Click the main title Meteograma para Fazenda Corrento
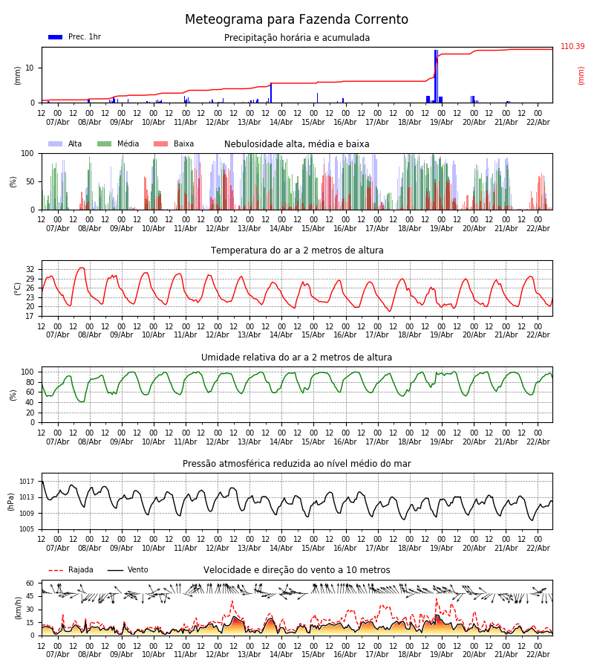pos(296,20)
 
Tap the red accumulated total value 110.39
pos(572,47)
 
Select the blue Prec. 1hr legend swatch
pos(55,37)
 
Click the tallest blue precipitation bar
pos(436,74)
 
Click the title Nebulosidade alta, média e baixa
pos(296,144)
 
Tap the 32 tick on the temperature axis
pos(30,270)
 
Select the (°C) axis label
pos(18,288)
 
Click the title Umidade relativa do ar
pos(296,358)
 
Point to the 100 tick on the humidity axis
pos(27,372)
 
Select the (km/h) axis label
pos(18,608)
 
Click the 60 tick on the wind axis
pos(30,584)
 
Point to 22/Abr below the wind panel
pos(538,654)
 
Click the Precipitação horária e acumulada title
pos(296,38)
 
